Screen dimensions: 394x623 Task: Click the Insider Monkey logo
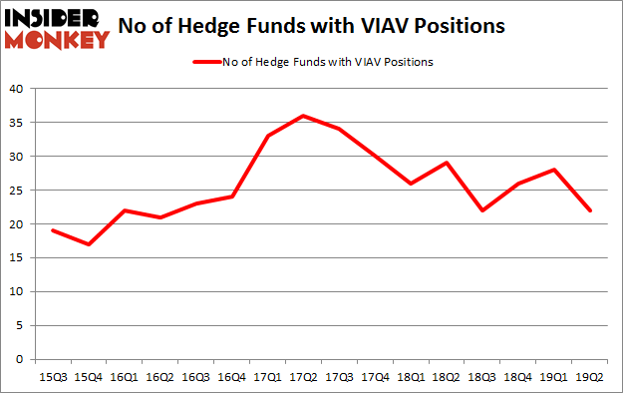pos(57,28)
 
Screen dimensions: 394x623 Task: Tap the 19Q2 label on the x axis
pos(589,376)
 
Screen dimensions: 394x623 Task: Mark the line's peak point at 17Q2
pos(302,116)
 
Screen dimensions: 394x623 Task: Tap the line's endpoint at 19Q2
pos(589,210)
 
